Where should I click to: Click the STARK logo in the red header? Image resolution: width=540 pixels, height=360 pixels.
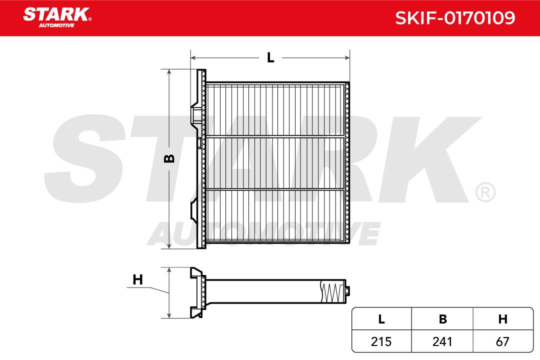(57, 17)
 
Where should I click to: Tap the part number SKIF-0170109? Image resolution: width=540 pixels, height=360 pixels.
(455, 18)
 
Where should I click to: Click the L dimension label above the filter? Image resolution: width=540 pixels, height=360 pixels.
(270, 58)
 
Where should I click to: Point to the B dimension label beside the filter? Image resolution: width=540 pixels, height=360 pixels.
(169, 158)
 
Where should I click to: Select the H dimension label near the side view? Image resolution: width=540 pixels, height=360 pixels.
(138, 279)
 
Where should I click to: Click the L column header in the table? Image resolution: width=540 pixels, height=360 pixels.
(381, 319)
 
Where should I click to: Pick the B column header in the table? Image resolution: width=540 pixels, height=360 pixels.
(442, 319)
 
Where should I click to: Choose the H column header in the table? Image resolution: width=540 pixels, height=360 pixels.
(503, 319)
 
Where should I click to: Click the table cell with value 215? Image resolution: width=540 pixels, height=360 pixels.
(381, 341)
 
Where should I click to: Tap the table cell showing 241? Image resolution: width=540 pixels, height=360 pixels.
(442, 341)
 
